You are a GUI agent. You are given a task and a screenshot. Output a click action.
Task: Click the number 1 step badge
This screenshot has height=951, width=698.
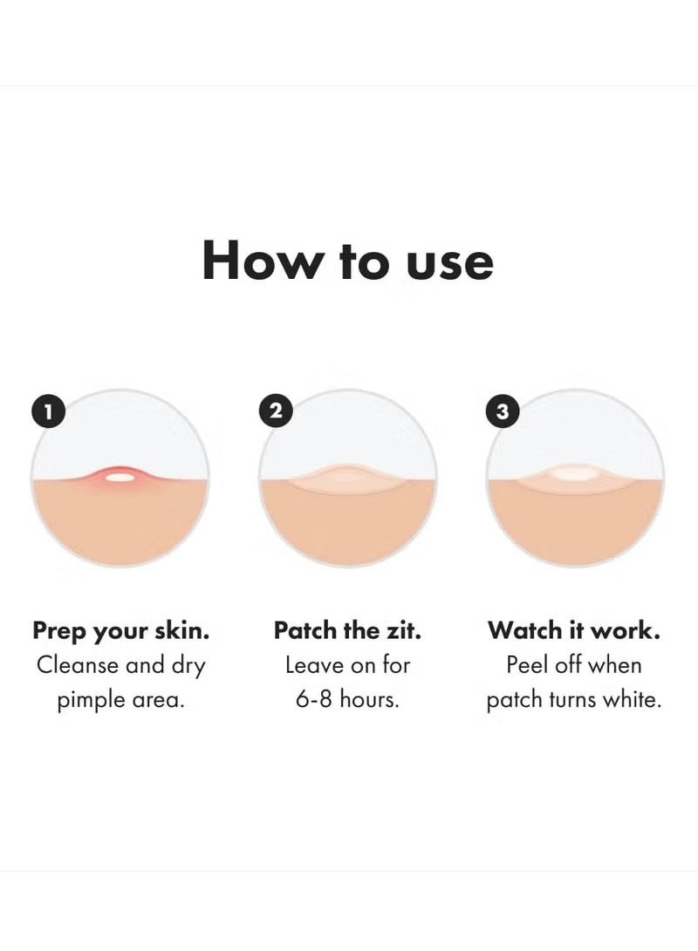(49, 411)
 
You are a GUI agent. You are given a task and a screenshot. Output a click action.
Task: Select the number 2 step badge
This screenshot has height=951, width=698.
(276, 411)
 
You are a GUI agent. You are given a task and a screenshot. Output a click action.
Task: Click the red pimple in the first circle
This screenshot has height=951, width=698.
(120, 477)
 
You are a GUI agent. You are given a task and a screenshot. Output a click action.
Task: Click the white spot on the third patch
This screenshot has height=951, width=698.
(573, 474)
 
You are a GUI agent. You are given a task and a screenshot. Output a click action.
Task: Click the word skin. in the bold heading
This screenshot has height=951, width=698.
(181, 631)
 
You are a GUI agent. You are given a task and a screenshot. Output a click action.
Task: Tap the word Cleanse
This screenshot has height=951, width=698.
(77, 666)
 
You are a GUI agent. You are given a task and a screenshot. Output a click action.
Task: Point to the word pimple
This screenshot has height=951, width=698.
(91, 701)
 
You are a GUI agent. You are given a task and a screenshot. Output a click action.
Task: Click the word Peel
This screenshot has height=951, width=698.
(526, 665)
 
